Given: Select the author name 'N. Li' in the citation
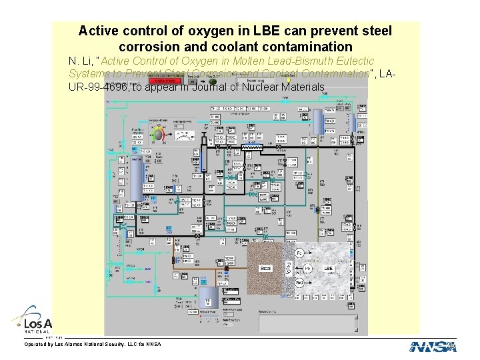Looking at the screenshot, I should click(x=81, y=61).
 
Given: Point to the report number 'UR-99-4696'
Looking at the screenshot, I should click(x=99, y=87).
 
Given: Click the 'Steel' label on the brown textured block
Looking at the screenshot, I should click(x=265, y=268).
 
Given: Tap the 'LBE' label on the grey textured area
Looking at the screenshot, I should click(x=328, y=268).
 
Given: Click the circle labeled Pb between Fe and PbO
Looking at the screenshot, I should click(x=307, y=268).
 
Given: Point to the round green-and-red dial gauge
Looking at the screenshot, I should click(x=159, y=135).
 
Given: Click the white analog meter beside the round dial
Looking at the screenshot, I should click(x=180, y=136).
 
